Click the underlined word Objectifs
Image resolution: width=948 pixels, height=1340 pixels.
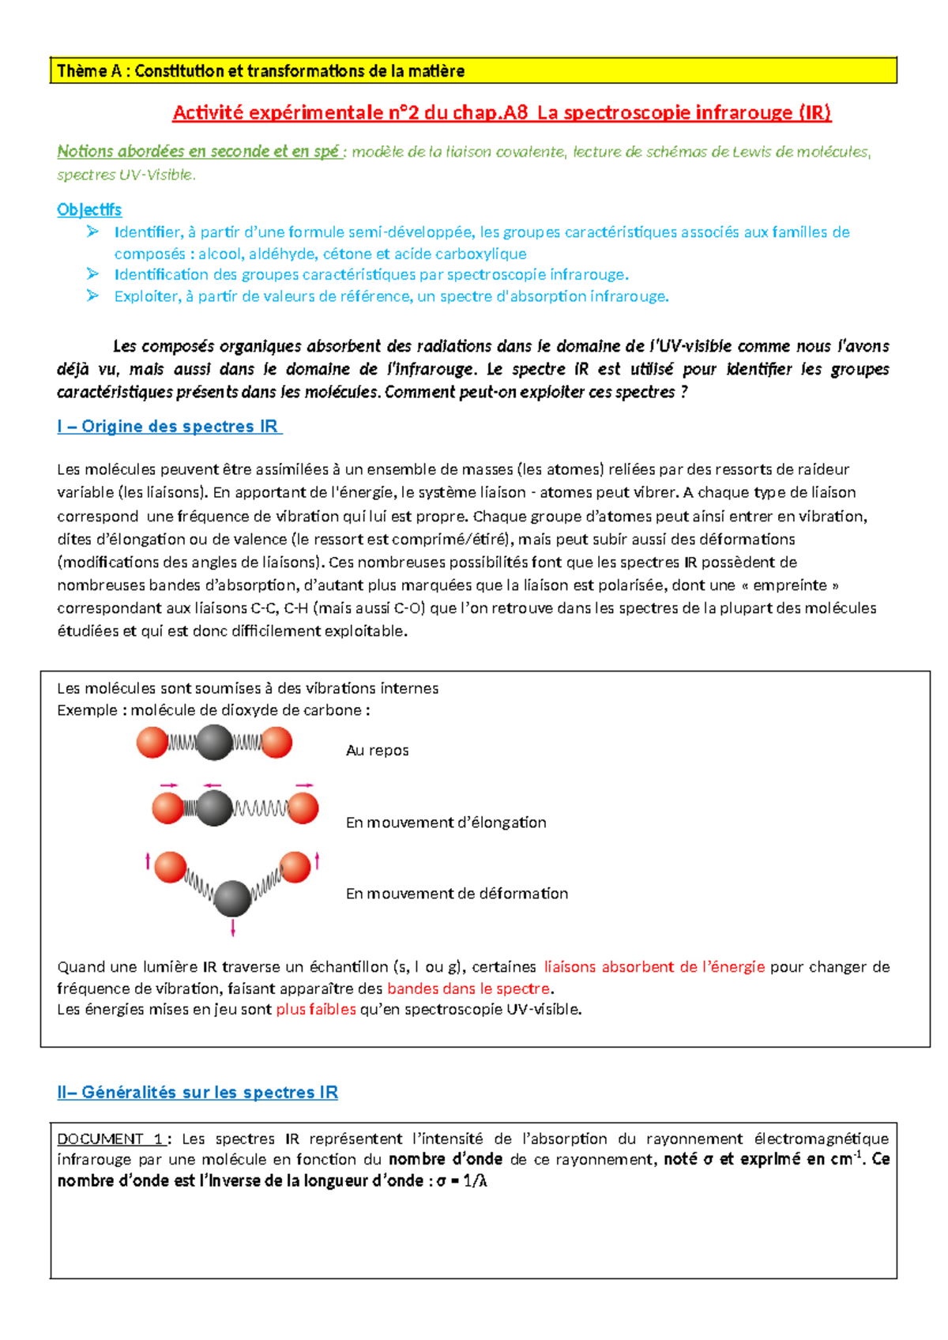[x=89, y=209]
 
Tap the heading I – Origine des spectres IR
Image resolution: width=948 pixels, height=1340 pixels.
[x=168, y=427]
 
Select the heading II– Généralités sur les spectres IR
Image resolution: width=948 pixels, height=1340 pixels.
[x=197, y=1093]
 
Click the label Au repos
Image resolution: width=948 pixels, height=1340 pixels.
[x=377, y=751]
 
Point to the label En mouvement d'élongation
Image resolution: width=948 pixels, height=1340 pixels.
[x=446, y=822]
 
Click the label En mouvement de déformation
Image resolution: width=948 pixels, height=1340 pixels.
[x=457, y=894]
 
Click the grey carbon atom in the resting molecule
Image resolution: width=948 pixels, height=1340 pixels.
[x=214, y=743]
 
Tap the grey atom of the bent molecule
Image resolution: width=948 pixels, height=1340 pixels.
[x=232, y=899]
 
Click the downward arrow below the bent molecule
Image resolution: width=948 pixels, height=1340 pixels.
[x=232, y=928]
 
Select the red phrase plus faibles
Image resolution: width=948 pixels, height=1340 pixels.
[x=316, y=1010]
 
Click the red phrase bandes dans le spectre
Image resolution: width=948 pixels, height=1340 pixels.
[x=468, y=988]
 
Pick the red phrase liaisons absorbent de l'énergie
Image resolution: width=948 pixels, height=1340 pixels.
[x=654, y=967]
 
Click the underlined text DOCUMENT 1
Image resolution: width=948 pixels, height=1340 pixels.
[x=111, y=1139]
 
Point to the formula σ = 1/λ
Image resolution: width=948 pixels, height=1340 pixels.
[x=461, y=1182]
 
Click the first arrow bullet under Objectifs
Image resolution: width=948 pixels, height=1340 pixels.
[x=93, y=231]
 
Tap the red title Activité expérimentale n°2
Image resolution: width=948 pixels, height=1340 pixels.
[x=502, y=113]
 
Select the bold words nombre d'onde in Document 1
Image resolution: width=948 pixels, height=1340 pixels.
[x=446, y=1160]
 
